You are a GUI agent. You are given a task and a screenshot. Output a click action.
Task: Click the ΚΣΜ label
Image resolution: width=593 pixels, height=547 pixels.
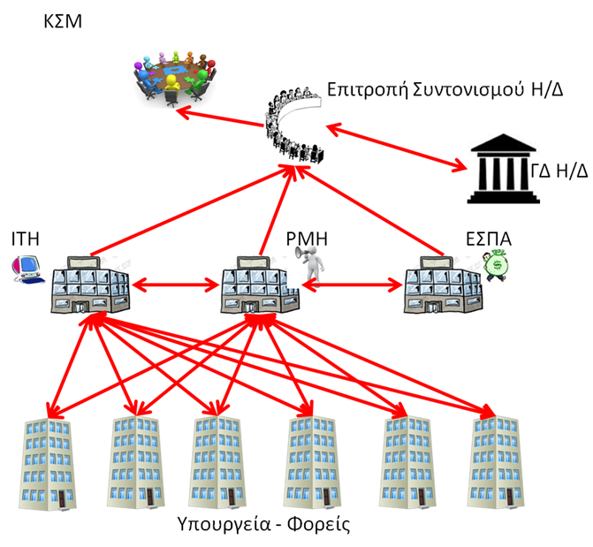pos(63,20)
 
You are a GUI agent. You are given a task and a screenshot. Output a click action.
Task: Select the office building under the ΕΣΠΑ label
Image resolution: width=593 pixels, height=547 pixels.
pos(444,282)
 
